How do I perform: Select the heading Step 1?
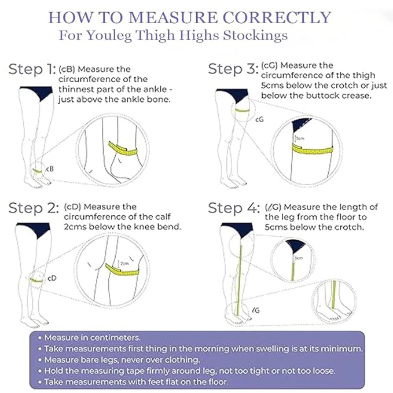tap(32, 70)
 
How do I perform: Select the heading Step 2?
tap(32, 208)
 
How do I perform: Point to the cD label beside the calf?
tap(52, 278)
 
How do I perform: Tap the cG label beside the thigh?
tap(260, 119)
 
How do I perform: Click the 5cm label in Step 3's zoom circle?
tap(300, 139)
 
